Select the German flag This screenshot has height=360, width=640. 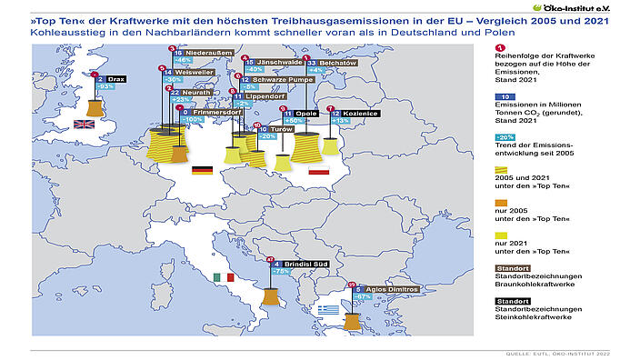click(x=201, y=170)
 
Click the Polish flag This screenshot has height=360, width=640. click(x=318, y=170)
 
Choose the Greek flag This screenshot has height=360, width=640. click(x=328, y=309)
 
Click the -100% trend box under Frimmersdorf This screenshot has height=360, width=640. click(x=193, y=119)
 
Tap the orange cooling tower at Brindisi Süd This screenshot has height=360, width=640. click(x=270, y=297)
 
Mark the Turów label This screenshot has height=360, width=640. click(x=270, y=130)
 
